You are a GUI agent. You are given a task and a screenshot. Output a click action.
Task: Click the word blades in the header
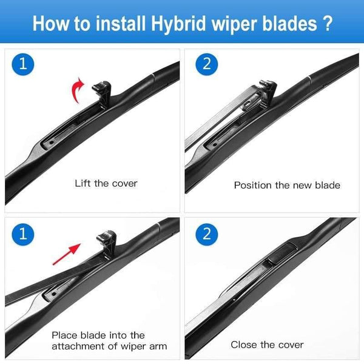tap(289, 25)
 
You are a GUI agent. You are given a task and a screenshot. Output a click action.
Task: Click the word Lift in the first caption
tap(84, 183)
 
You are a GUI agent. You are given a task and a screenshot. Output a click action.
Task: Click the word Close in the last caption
tap(244, 345)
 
